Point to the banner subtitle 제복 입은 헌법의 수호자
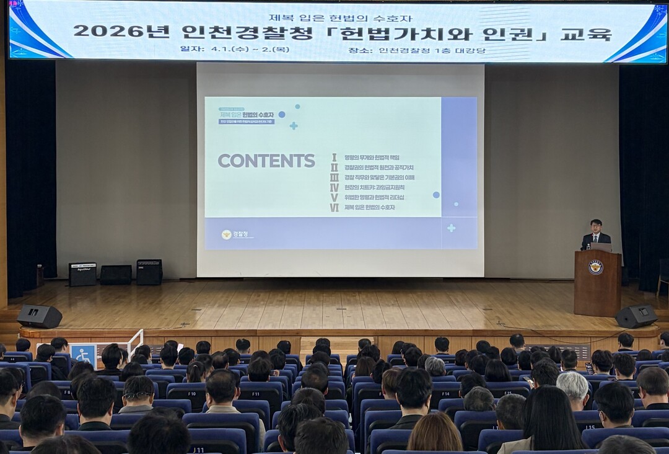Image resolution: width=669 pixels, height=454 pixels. [x=340, y=17]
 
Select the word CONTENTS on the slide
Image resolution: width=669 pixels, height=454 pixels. [x=266, y=161]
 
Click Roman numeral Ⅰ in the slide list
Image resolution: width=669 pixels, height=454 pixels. [x=334, y=158]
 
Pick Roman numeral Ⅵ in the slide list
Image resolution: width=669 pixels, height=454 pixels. [x=334, y=207]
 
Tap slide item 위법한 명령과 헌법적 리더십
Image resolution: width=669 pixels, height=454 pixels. [x=374, y=197]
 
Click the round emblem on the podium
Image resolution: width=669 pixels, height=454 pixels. [x=596, y=267]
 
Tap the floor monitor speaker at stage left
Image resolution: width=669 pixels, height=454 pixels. [x=40, y=316]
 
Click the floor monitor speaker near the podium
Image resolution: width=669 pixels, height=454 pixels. [x=636, y=316]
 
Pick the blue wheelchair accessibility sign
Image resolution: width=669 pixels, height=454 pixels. [x=83, y=354]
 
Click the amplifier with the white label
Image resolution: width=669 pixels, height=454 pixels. [x=82, y=274]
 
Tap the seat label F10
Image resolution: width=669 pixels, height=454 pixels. [x=193, y=393]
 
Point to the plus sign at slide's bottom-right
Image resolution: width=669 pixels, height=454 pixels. [x=451, y=228]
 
